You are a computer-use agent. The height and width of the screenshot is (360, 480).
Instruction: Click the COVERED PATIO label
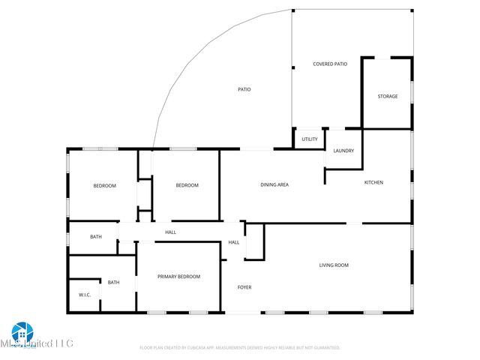(330, 64)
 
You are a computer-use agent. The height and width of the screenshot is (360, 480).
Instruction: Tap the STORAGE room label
(388, 96)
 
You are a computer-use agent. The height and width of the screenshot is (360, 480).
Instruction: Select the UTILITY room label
(310, 139)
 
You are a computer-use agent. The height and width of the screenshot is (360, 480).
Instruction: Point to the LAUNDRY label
(343, 151)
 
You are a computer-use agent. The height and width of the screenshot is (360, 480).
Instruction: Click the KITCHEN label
(373, 183)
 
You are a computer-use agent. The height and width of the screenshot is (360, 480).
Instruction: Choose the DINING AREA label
(274, 184)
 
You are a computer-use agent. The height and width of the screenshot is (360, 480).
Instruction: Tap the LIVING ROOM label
(334, 265)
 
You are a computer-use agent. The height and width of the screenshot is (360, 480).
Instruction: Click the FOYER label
(244, 287)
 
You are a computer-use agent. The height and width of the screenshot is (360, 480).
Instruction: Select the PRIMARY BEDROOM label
(178, 277)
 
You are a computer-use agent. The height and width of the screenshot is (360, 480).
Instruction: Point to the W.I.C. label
(85, 295)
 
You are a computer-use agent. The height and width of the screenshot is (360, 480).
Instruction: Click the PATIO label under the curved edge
(244, 90)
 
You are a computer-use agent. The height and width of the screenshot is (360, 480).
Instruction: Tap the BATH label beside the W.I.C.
(113, 282)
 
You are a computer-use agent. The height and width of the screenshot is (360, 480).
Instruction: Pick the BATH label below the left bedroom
(96, 237)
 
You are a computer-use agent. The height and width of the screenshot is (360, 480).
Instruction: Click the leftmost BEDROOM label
(104, 185)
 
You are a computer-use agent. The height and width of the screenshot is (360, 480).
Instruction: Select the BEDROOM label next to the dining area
(187, 185)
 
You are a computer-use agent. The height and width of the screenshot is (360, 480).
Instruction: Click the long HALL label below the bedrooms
(171, 232)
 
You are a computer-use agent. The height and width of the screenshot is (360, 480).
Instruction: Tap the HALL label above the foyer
(234, 242)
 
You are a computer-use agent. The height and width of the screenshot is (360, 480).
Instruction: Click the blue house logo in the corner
(22, 332)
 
